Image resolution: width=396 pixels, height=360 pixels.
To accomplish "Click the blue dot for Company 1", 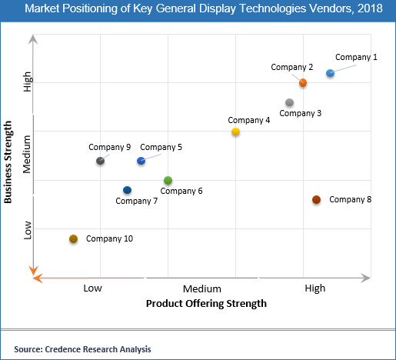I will pos(331,73).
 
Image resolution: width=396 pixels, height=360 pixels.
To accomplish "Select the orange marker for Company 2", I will pos(303,82).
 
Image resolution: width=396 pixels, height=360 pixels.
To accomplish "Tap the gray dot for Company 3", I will pos(289,102).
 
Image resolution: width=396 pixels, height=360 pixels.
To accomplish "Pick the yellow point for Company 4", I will pos(236,132).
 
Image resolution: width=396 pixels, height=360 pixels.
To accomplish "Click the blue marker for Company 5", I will pos(141,161).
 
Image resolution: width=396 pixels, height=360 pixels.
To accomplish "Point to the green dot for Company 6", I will pos(168,180).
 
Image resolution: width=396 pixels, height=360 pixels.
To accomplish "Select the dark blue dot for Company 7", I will pos(127,190).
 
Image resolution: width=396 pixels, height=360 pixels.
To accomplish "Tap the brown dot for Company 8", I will pos(316,200).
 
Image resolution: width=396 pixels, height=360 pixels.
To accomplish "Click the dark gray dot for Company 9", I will pos(100,161).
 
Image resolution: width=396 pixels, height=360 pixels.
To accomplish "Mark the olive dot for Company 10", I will pos(73,239).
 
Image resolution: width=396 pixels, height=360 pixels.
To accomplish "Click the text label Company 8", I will pos(350,200).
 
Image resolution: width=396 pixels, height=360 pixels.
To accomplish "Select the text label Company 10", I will pos(109,238).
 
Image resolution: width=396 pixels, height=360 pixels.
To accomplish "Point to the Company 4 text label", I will pos(248,120).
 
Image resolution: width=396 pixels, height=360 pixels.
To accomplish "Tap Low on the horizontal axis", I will pos(93,288).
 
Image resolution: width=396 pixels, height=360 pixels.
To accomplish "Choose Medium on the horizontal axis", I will pos(202,288).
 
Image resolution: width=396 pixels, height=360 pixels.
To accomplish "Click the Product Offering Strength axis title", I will pos(206,304).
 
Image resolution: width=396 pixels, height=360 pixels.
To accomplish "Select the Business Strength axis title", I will pos(8,162).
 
